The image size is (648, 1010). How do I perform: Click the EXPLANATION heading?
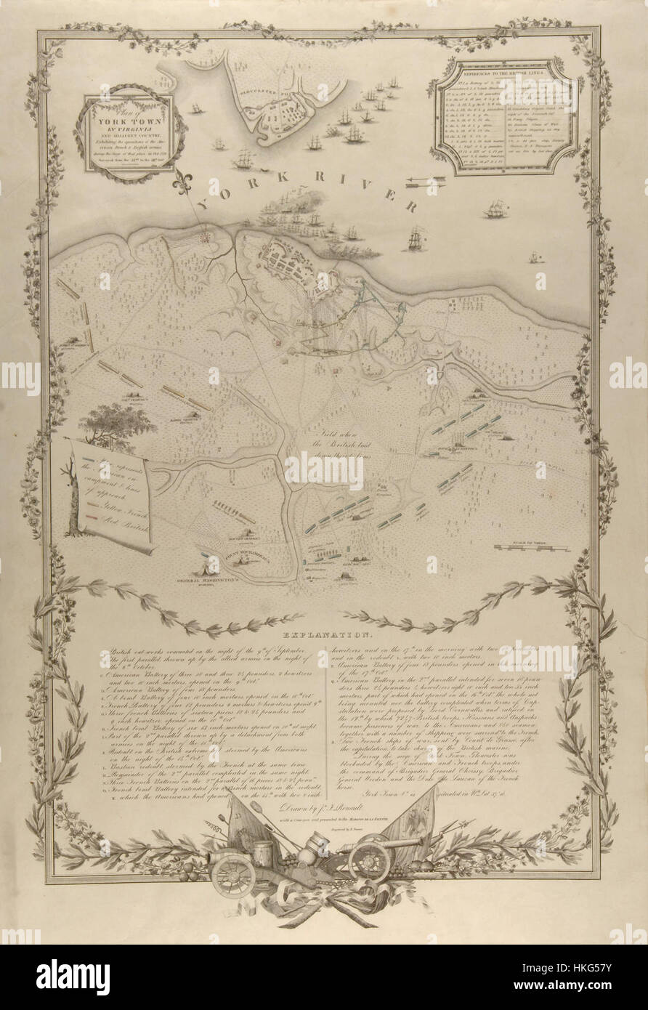(323, 634)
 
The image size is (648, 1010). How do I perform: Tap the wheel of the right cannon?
(370, 861)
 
